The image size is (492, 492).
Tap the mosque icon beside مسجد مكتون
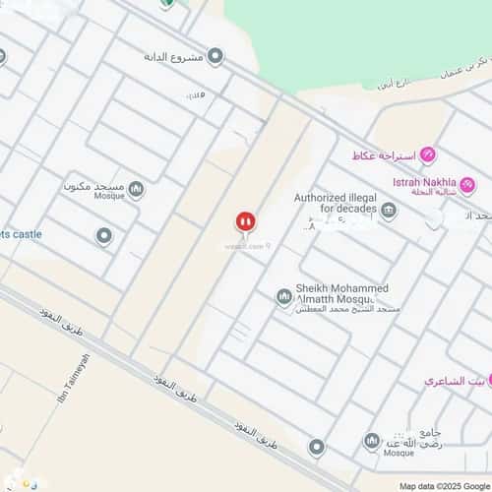[x=137, y=189]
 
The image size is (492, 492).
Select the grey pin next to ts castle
[x=103, y=236]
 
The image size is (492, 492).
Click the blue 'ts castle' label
[x=20, y=234]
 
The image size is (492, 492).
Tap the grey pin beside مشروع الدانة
[x=215, y=56]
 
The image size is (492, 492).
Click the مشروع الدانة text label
[x=173, y=56]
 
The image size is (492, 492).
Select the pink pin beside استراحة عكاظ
[x=428, y=155]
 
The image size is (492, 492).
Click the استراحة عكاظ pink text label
[x=383, y=155]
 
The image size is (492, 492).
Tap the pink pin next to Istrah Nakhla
[x=468, y=184]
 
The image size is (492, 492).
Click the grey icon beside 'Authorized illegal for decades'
[x=390, y=211]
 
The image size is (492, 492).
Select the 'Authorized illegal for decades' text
[x=336, y=205]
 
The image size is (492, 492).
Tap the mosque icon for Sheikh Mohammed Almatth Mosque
[x=284, y=296]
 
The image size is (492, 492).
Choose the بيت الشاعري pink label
[x=450, y=380]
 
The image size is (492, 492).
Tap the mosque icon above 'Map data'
[x=372, y=441]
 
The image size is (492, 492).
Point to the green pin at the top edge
[x=167, y=3]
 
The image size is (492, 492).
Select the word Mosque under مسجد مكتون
[x=108, y=196]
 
